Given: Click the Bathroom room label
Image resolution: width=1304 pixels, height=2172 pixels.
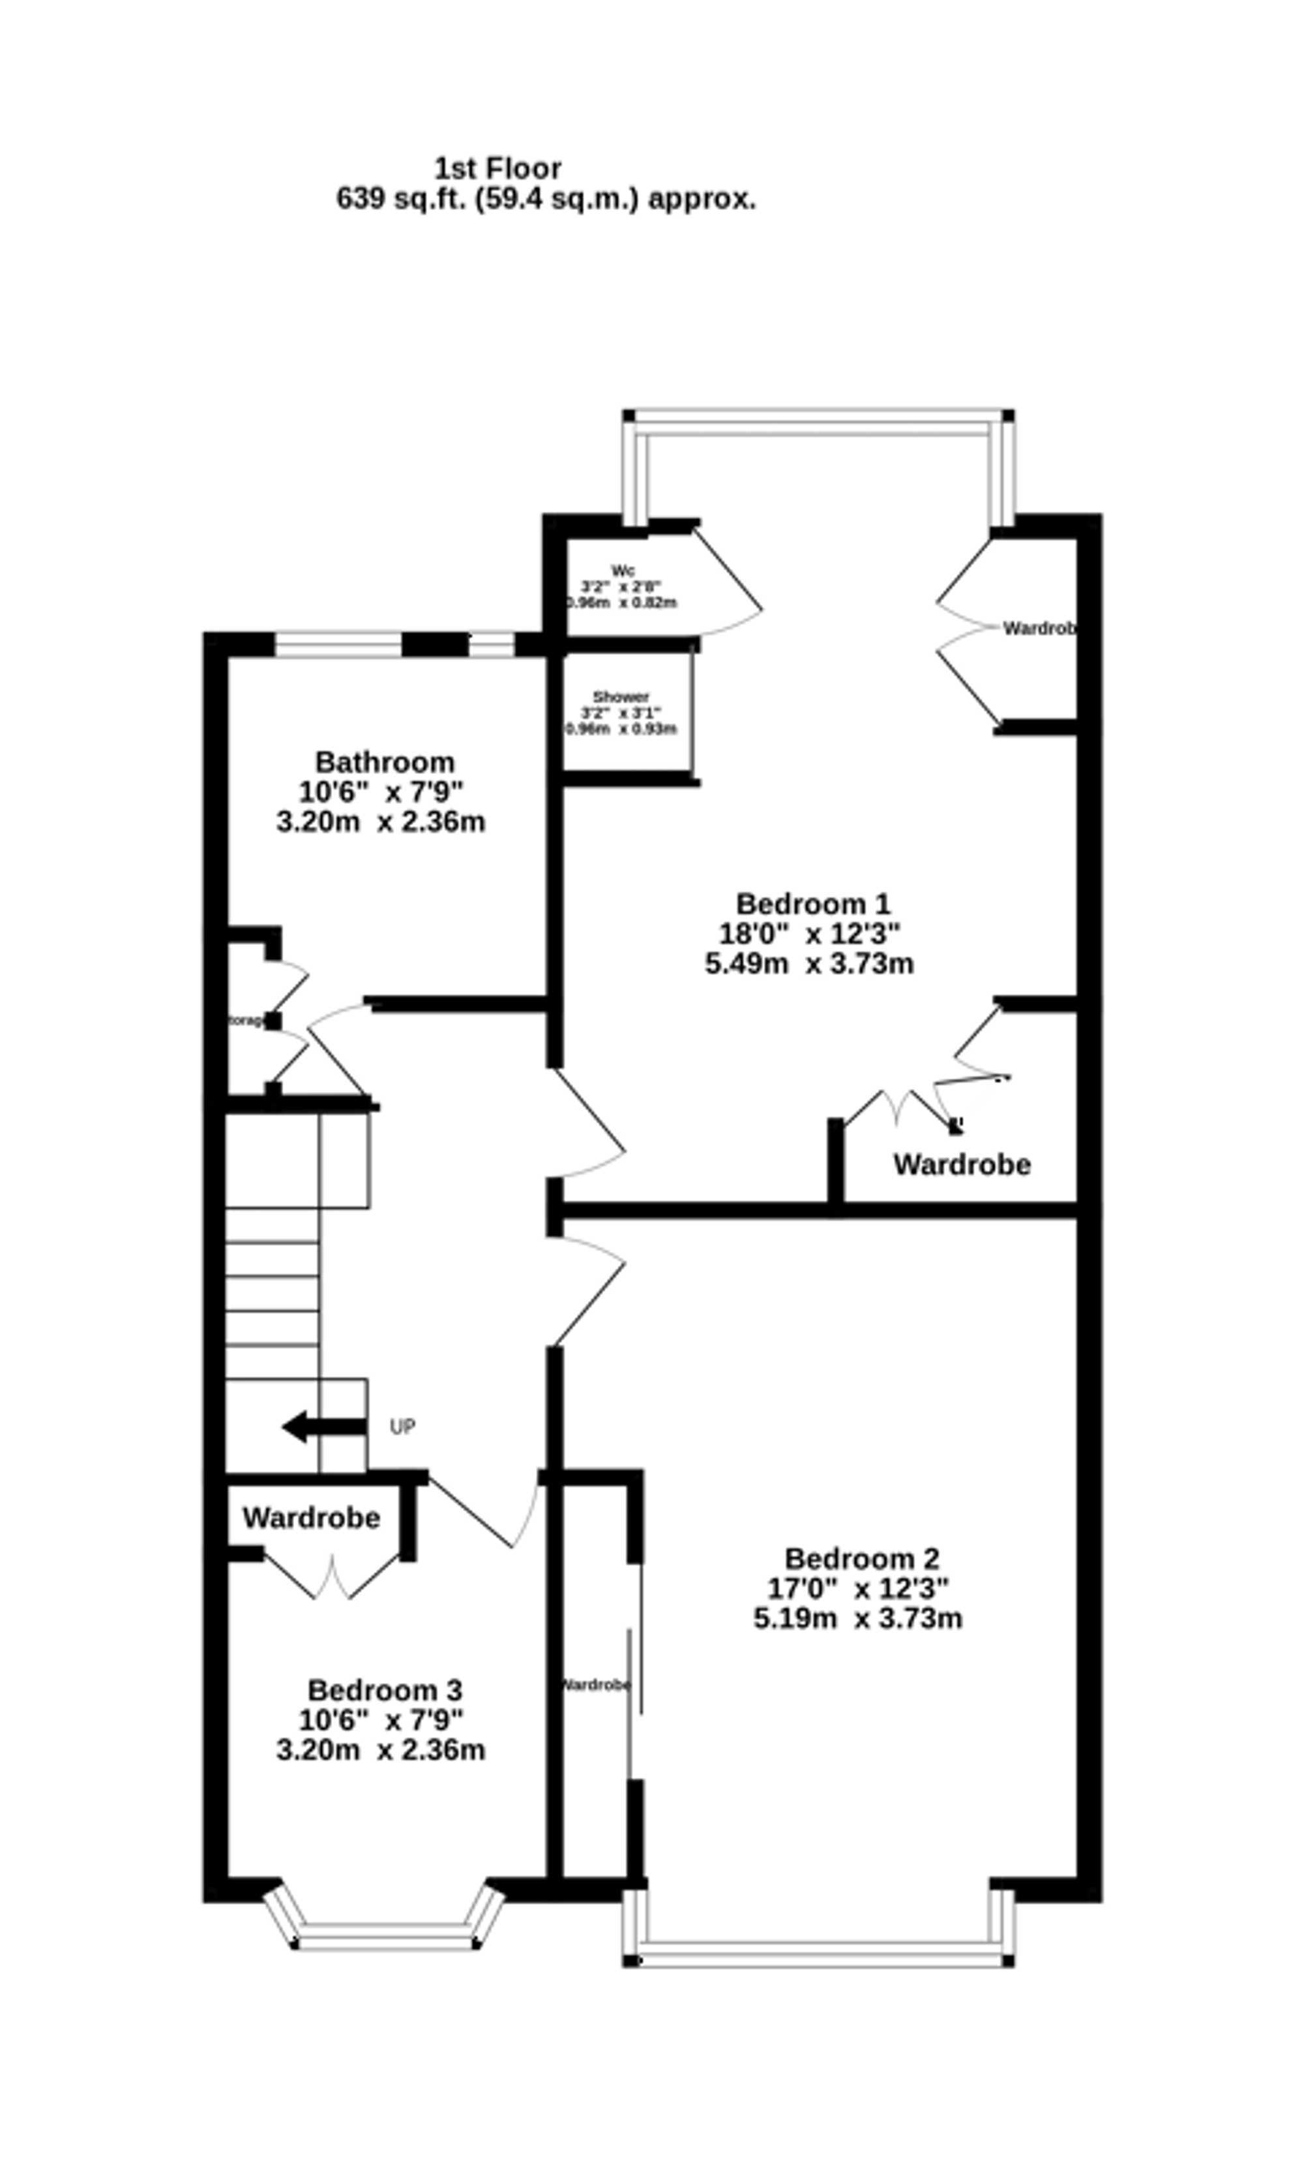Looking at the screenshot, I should tap(385, 762).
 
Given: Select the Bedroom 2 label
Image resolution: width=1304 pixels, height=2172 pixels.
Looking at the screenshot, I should tap(861, 1558).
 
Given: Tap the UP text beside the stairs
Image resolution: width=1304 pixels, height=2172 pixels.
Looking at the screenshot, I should tap(402, 1427).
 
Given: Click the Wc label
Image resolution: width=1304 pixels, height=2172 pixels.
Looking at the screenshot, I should tap(622, 571).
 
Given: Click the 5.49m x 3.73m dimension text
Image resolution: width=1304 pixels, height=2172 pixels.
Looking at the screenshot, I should tap(808, 964).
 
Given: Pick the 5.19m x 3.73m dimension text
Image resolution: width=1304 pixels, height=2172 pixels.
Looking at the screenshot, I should tap(857, 1618).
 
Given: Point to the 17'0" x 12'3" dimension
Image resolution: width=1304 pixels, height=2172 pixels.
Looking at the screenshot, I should tap(857, 1588).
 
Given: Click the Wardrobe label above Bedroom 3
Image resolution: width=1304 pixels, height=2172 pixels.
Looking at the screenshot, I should tap(311, 1517).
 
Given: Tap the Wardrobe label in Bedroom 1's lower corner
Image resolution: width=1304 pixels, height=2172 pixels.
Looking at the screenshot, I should tap(961, 1164).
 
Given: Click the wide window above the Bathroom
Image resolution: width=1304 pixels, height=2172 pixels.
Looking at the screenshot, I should tap(338, 643).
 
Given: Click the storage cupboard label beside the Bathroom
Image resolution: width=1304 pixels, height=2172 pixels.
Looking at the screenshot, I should tap(246, 1021).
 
